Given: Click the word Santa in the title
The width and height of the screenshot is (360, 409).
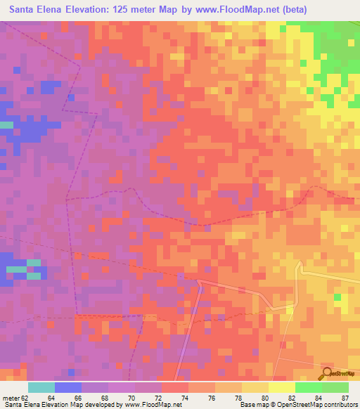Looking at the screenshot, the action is tap(24, 10).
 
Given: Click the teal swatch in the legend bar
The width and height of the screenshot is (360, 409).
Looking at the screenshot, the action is tap(41, 387).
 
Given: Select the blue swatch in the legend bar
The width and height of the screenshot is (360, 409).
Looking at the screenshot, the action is tap(67, 387).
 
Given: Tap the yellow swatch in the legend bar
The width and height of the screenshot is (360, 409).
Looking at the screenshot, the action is tap(281, 387).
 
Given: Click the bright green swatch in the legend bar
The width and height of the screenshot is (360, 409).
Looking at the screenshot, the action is tap(308, 387).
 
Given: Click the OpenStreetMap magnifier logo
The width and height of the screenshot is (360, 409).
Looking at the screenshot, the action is tap(328, 372).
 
